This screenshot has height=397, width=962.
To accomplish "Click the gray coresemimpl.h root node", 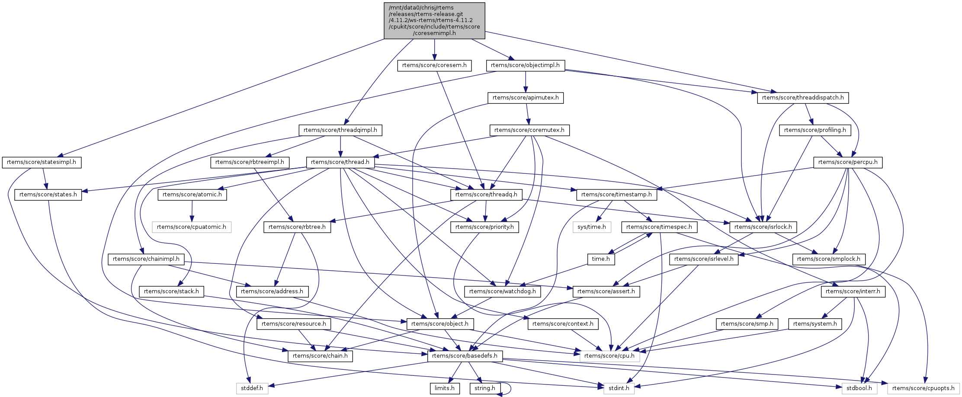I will point(434,20).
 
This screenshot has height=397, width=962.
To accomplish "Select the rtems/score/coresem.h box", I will point(434,65).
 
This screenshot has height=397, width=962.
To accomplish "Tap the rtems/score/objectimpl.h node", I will point(525,65).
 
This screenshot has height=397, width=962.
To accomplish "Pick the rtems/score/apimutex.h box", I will point(525,98).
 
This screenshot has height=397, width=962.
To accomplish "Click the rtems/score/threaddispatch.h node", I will point(802,98).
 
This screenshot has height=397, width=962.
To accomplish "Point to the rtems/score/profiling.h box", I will point(815,130).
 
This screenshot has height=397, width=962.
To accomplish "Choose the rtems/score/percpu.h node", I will point(848,163).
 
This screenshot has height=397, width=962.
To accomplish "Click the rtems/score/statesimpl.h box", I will point(42,163).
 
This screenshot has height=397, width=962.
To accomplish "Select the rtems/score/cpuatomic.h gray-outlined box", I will point(191,227).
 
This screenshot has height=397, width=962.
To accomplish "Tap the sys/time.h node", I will point(591,227).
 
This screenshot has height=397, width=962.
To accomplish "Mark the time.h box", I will point(601,259).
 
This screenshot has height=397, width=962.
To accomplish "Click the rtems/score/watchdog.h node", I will point(502,291).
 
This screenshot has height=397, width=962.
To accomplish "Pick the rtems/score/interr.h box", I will point(853,291).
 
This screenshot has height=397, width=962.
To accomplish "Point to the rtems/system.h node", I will point(815,324).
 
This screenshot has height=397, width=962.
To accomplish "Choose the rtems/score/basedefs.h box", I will point(465,356).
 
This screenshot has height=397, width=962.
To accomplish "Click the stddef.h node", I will point(252,388).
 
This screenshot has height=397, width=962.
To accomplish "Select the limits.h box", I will point(444,388).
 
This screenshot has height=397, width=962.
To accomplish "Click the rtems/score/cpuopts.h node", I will point(923,388).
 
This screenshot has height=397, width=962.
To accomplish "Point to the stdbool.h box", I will point(859,388).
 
